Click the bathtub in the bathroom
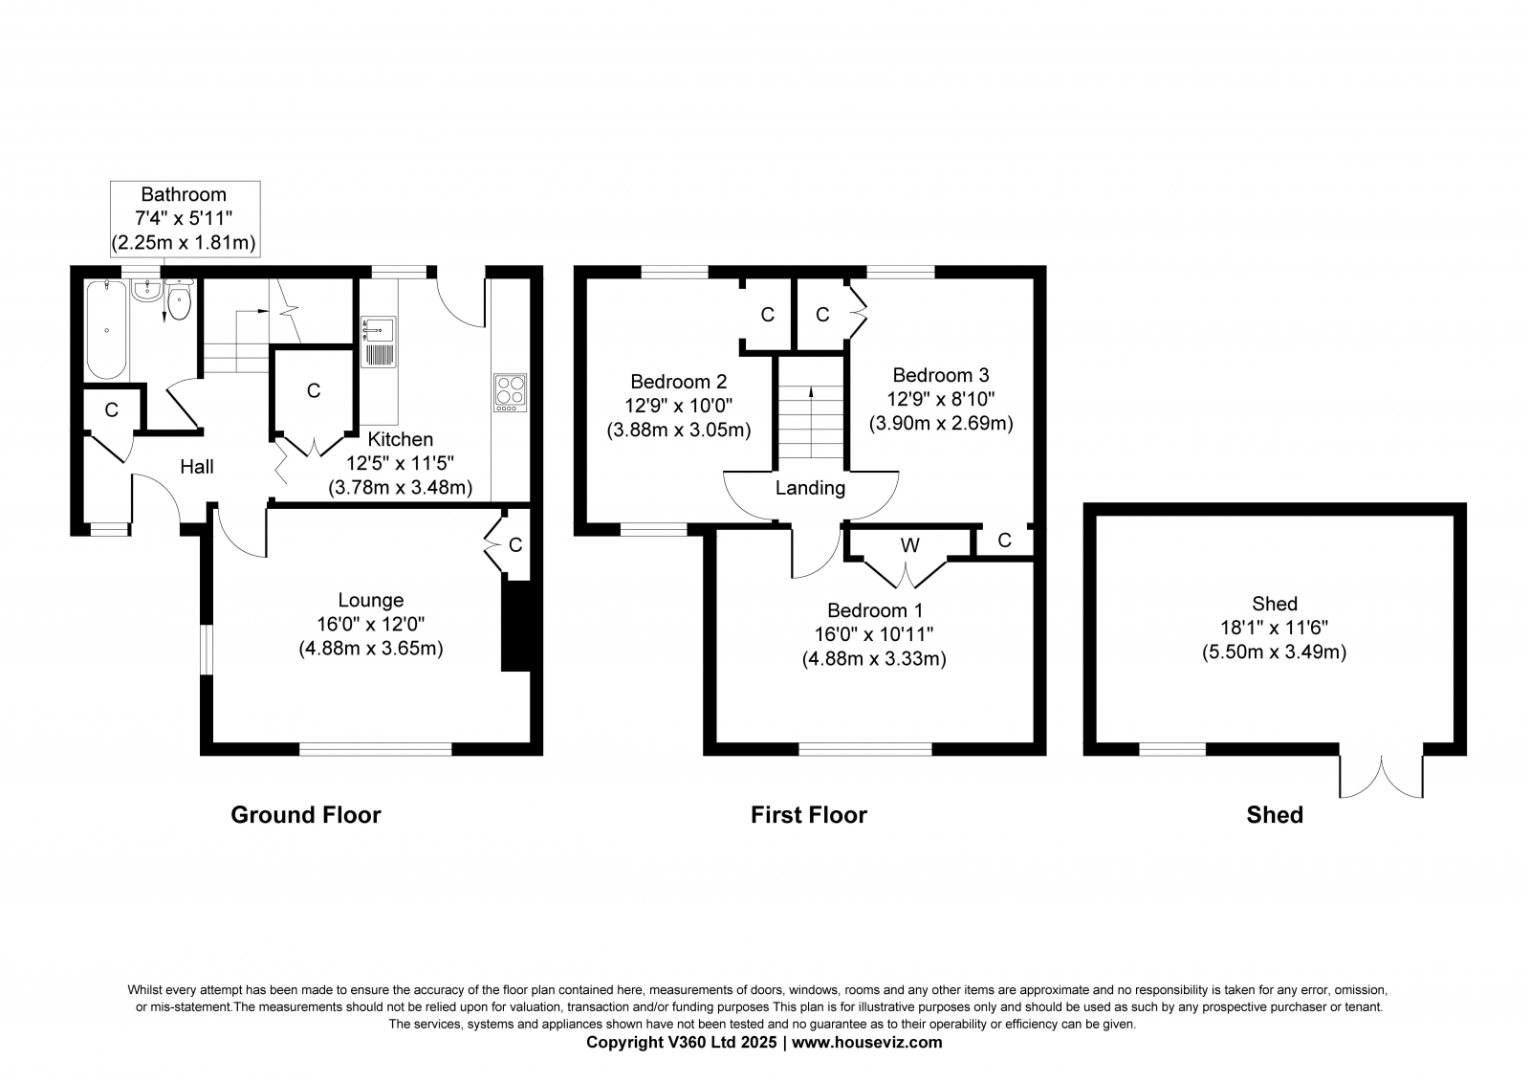[x=106, y=329]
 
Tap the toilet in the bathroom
[x=180, y=300]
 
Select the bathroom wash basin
[x=147, y=291]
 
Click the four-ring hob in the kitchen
[x=511, y=392]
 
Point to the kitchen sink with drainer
[x=378, y=342]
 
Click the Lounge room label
[x=371, y=600]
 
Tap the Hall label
[x=197, y=467]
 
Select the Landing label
[x=810, y=488]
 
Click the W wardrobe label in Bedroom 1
[x=909, y=544]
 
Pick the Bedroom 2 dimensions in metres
[x=679, y=430]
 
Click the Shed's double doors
[x=1381, y=776]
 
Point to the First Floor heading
[x=809, y=815]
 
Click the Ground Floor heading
[x=306, y=815]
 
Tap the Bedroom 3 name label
[x=941, y=375]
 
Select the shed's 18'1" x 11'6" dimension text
[x=1275, y=628]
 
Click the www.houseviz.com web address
[x=866, y=1043]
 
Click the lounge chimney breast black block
[x=516, y=626]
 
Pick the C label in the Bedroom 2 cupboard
[x=768, y=315]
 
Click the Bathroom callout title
[x=184, y=195]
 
